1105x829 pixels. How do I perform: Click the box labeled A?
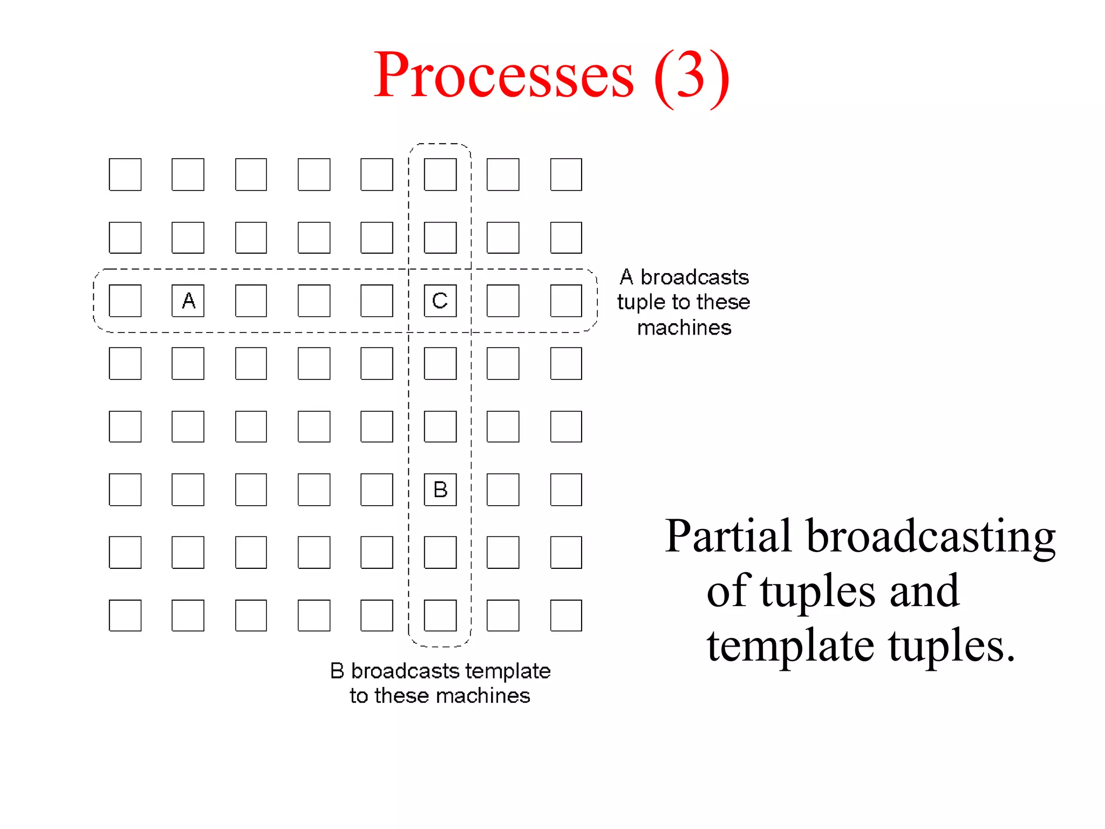(x=188, y=301)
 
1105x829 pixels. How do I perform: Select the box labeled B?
(x=440, y=490)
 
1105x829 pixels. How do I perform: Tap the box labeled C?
(x=440, y=301)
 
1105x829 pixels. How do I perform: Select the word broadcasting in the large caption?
(x=931, y=536)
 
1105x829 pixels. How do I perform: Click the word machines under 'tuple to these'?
(x=684, y=328)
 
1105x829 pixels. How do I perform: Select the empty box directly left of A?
(x=125, y=301)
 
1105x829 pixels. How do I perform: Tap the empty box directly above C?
(x=440, y=237)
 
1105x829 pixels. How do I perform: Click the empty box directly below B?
(x=440, y=552)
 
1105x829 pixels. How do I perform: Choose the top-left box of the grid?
(x=125, y=174)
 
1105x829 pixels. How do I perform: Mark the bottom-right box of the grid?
(x=566, y=615)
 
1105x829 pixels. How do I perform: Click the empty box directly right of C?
(x=503, y=301)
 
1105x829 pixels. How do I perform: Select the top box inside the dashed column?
(x=440, y=174)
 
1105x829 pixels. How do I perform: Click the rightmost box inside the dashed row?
(x=566, y=301)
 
